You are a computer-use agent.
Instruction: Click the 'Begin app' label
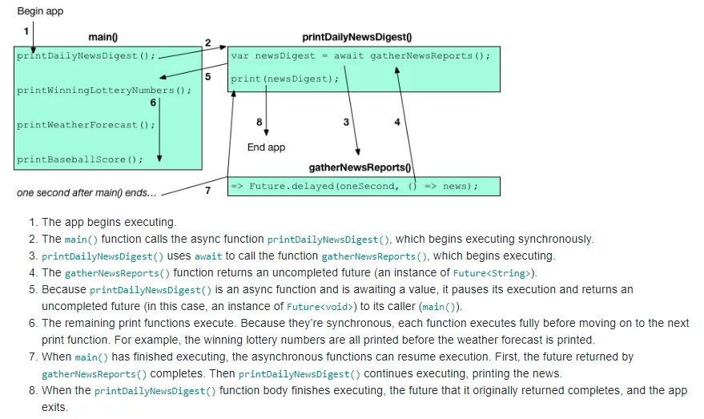click(40, 11)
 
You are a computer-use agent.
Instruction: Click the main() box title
click(103, 37)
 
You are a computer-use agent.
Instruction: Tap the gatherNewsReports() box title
click(360, 167)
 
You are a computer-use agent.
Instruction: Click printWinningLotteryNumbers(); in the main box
click(104, 91)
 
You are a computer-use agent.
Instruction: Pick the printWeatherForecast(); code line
click(86, 125)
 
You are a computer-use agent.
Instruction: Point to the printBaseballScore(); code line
click(80, 159)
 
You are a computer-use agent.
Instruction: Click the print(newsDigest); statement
click(284, 79)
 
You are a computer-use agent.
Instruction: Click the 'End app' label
click(266, 147)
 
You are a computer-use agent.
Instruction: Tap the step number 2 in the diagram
click(207, 42)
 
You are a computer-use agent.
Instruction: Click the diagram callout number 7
click(207, 191)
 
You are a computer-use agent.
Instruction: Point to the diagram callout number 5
click(207, 77)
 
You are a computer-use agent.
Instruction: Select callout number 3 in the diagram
click(346, 122)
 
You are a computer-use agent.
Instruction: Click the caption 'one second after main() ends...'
click(86, 193)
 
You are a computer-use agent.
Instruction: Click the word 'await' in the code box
click(348, 56)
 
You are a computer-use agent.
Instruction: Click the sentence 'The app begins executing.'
click(108, 222)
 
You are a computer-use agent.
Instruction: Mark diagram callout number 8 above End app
click(259, 122)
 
